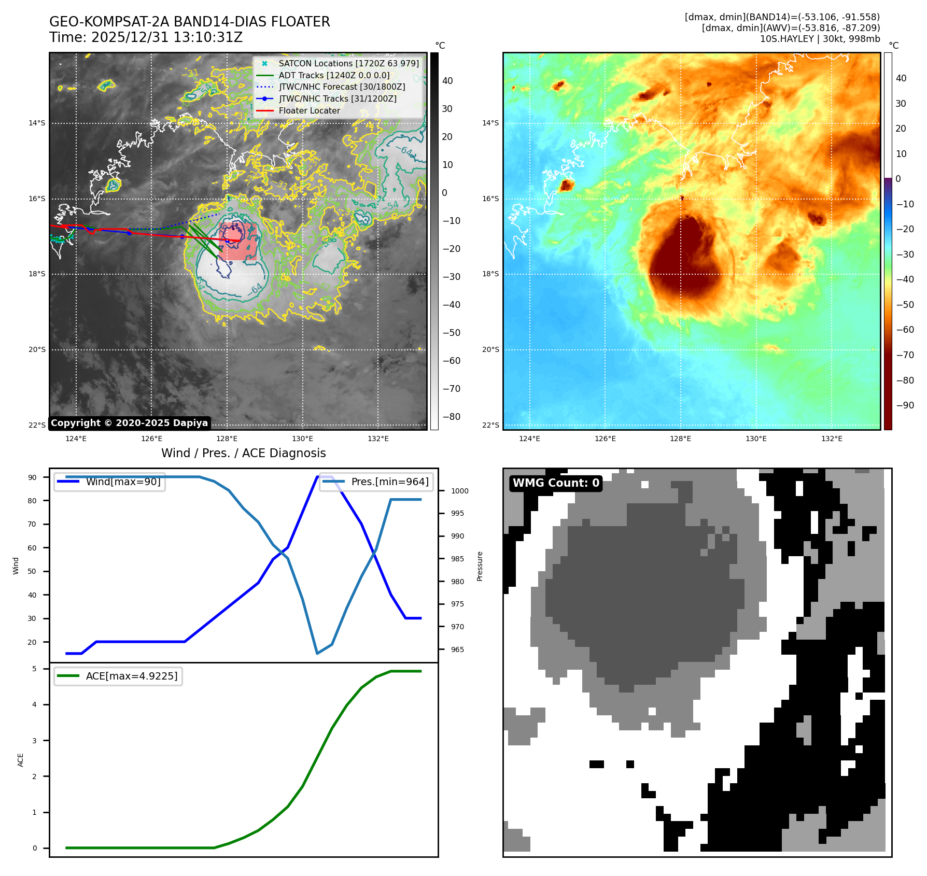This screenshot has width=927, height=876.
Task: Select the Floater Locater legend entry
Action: click(x=309, y=110)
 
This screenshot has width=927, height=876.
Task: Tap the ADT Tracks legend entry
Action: click(x=334, y=75)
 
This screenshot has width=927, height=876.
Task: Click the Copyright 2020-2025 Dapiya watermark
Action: click(x=129, y=423)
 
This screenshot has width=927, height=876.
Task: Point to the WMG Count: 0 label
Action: click(x=556, y=483)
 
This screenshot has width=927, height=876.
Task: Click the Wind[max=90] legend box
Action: click(x=109, y=482)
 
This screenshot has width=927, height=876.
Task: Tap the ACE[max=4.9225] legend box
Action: click(x=118, y=676)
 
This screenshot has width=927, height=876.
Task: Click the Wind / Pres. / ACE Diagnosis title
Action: click(x=243, y=453)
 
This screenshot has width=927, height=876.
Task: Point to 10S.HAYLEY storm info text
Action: click(x=820, y=39)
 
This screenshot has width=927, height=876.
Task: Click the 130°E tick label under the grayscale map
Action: click(x=302, y=439)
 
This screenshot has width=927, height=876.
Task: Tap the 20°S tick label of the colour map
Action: click(x=490, y=349)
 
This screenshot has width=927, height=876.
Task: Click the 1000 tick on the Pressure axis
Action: click(x=459, y=491)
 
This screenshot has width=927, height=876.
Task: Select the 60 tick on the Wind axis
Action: click(x=32, y=548)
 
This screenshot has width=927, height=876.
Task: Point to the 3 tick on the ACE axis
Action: click(x=35, y=741)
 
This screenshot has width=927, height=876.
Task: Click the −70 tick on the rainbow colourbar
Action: click(x=905, y=355)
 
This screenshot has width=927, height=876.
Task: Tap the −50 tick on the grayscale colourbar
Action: click(x=451, y=333)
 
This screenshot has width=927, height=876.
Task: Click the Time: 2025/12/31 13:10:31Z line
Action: click(x=146, y=37)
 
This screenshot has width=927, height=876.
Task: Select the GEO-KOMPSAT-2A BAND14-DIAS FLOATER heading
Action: click(x=189, y=22)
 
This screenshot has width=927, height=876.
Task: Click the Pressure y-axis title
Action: click(x=480, y=566)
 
